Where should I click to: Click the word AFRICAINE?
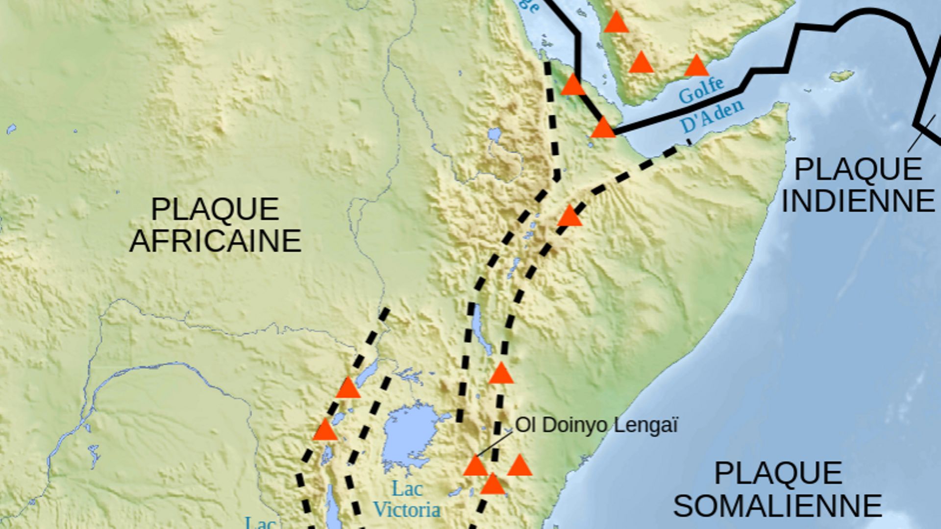215,241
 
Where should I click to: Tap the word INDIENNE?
858,201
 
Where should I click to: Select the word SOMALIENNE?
778,505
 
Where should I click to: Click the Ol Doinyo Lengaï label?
596,425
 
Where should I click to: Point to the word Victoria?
407,510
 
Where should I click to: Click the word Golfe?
701,90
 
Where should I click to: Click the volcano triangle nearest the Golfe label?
696,66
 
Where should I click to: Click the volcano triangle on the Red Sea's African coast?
572,85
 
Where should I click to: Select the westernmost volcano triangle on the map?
325,430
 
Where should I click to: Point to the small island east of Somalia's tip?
842,76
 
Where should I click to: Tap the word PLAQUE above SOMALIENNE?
778,473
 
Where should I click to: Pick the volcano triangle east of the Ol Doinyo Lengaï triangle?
520,466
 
